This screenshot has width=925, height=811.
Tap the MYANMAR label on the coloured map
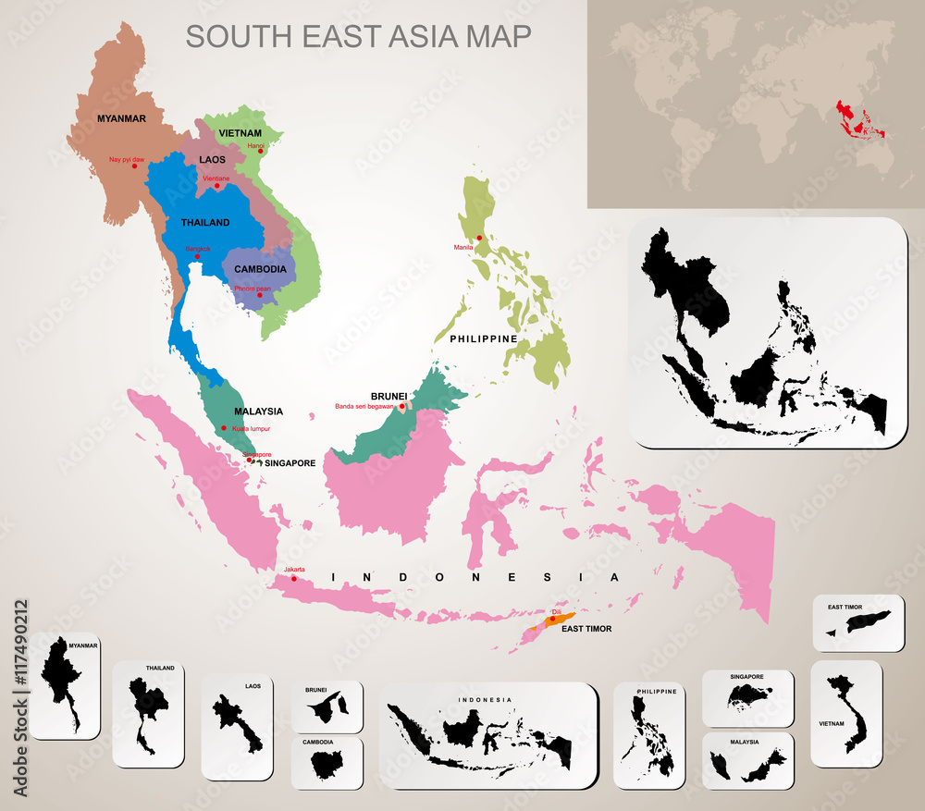[122, 118]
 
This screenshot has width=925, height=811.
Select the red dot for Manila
[479, 238]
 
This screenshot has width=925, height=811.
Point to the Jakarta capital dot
[294, 579]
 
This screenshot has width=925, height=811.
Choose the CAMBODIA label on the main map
[260, 269]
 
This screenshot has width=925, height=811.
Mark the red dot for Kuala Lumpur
[223, 428]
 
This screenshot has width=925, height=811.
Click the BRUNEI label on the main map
[388, 395]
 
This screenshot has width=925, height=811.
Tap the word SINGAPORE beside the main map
[290, 463]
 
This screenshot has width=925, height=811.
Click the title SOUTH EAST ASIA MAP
[358, 36]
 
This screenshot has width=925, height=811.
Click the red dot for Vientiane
[217, 186]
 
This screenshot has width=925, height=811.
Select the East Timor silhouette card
[858, 622]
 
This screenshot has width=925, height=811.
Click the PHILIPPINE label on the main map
[483, 339]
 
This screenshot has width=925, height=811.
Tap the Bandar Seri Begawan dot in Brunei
[402, 406]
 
